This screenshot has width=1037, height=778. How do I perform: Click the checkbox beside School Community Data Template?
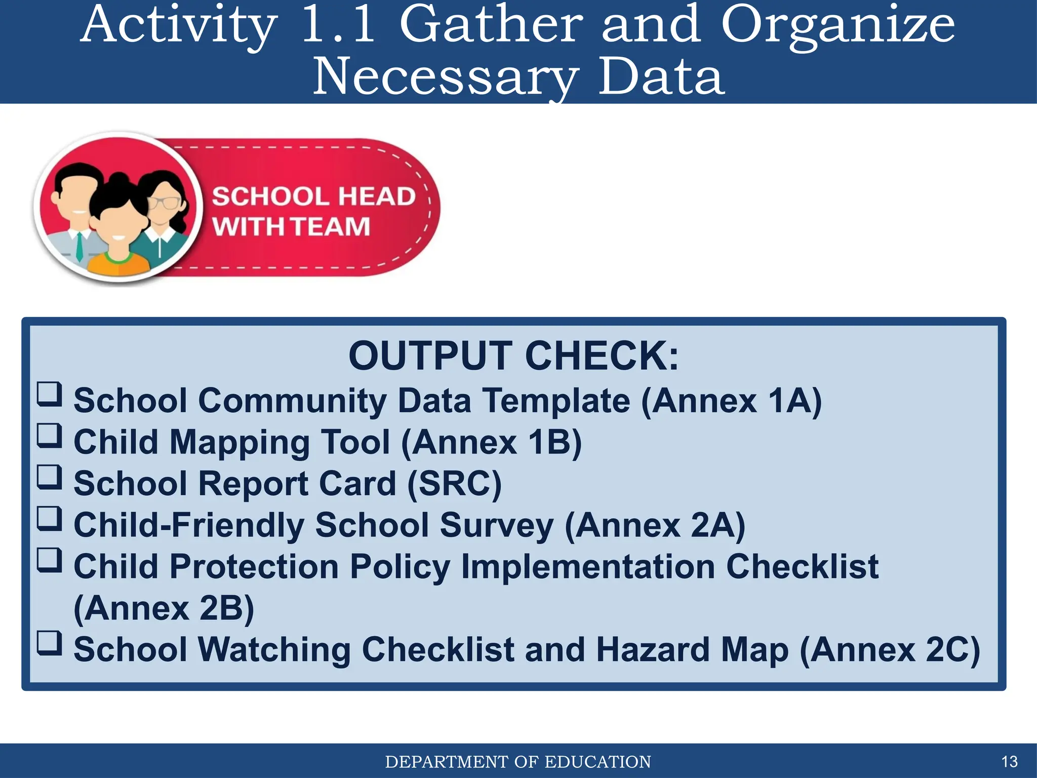(x=50, y=394)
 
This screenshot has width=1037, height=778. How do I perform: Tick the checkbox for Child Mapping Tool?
(x=50, y=436)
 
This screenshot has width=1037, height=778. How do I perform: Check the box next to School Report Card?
(x=50, y=477)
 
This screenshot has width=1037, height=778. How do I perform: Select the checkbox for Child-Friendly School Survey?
(x=50, y=519)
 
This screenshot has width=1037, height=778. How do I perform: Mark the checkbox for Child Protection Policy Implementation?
(x=50, y=560)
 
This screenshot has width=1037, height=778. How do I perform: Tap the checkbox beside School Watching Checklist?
(x=50, y=643)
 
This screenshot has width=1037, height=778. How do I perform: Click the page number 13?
(x=1009, y=761)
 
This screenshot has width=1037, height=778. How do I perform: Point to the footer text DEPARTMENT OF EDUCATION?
(x=518, y=762)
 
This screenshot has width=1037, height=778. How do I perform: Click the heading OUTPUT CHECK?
(x=513, y=356)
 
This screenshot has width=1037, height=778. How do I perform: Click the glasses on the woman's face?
(x=164, y=203)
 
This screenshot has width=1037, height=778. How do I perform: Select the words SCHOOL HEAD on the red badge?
(x=313, y=197)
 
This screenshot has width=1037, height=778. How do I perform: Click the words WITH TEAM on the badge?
(x=291, y=226)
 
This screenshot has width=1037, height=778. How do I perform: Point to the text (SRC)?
(x=454, y=484)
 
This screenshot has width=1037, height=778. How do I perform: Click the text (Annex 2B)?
(x=164, y=608)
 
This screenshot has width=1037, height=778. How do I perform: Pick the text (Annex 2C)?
(x=890, y=649)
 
